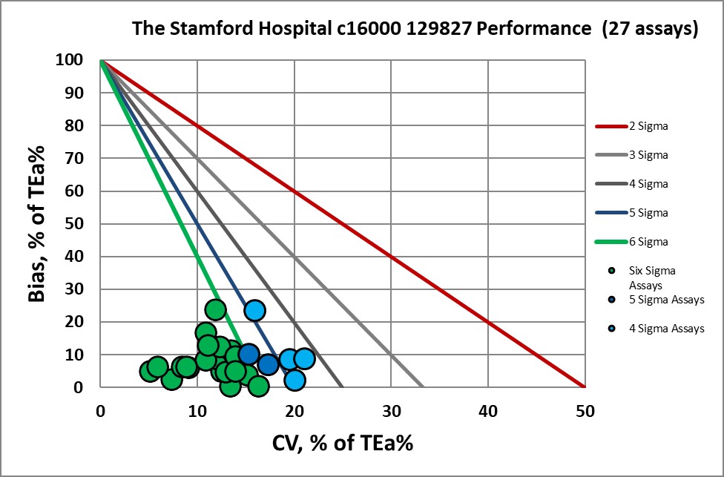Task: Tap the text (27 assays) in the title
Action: click(651, 30)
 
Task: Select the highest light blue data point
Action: click(254, 310)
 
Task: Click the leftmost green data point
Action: click(150, 371)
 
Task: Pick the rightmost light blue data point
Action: click(304, 359)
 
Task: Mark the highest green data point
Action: click(215, 309)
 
